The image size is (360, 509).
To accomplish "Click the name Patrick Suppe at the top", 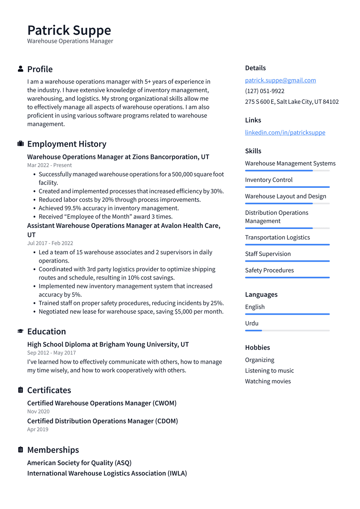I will pos(69,30).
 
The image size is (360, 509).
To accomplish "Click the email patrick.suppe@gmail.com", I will pos(280,80).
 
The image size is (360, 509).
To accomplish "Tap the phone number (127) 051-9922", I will pos(264,91).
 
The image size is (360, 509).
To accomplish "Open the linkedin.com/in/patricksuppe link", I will pos(285,133).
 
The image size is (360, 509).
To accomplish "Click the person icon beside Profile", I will pos(20,69).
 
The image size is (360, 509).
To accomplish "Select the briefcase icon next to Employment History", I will pos(20,144).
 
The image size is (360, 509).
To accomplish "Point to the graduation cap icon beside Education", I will pos(20,331).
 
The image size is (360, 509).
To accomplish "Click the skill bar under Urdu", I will pos(287,331).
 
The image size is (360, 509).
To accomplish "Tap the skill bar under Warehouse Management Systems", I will pos(287,171).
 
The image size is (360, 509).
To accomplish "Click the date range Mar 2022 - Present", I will pos(49,165).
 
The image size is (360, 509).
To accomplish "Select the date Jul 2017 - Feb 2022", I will pos(50,243).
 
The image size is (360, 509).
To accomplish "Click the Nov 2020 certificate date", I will pos(38,412).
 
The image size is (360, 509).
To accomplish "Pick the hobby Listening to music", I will pos(269,371).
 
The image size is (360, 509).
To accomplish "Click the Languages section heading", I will pos(261,294).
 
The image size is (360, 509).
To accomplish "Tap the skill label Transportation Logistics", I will pos(277,237).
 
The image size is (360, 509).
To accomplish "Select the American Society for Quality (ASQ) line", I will pos(79,463).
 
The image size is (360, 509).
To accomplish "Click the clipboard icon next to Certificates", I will pos(20,390).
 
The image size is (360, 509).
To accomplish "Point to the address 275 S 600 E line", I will pos(292,102).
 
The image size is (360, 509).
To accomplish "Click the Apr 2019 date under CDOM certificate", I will pos(38,430).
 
